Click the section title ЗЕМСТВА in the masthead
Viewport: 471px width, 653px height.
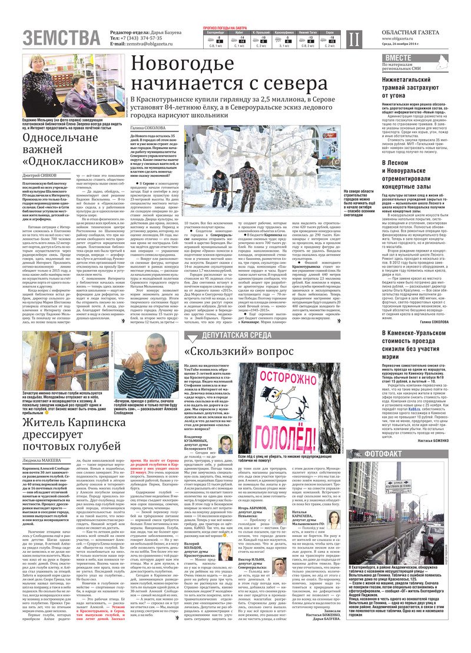click(x=61, y=38)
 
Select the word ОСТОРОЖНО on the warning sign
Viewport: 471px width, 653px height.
click(x=287, y=377)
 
